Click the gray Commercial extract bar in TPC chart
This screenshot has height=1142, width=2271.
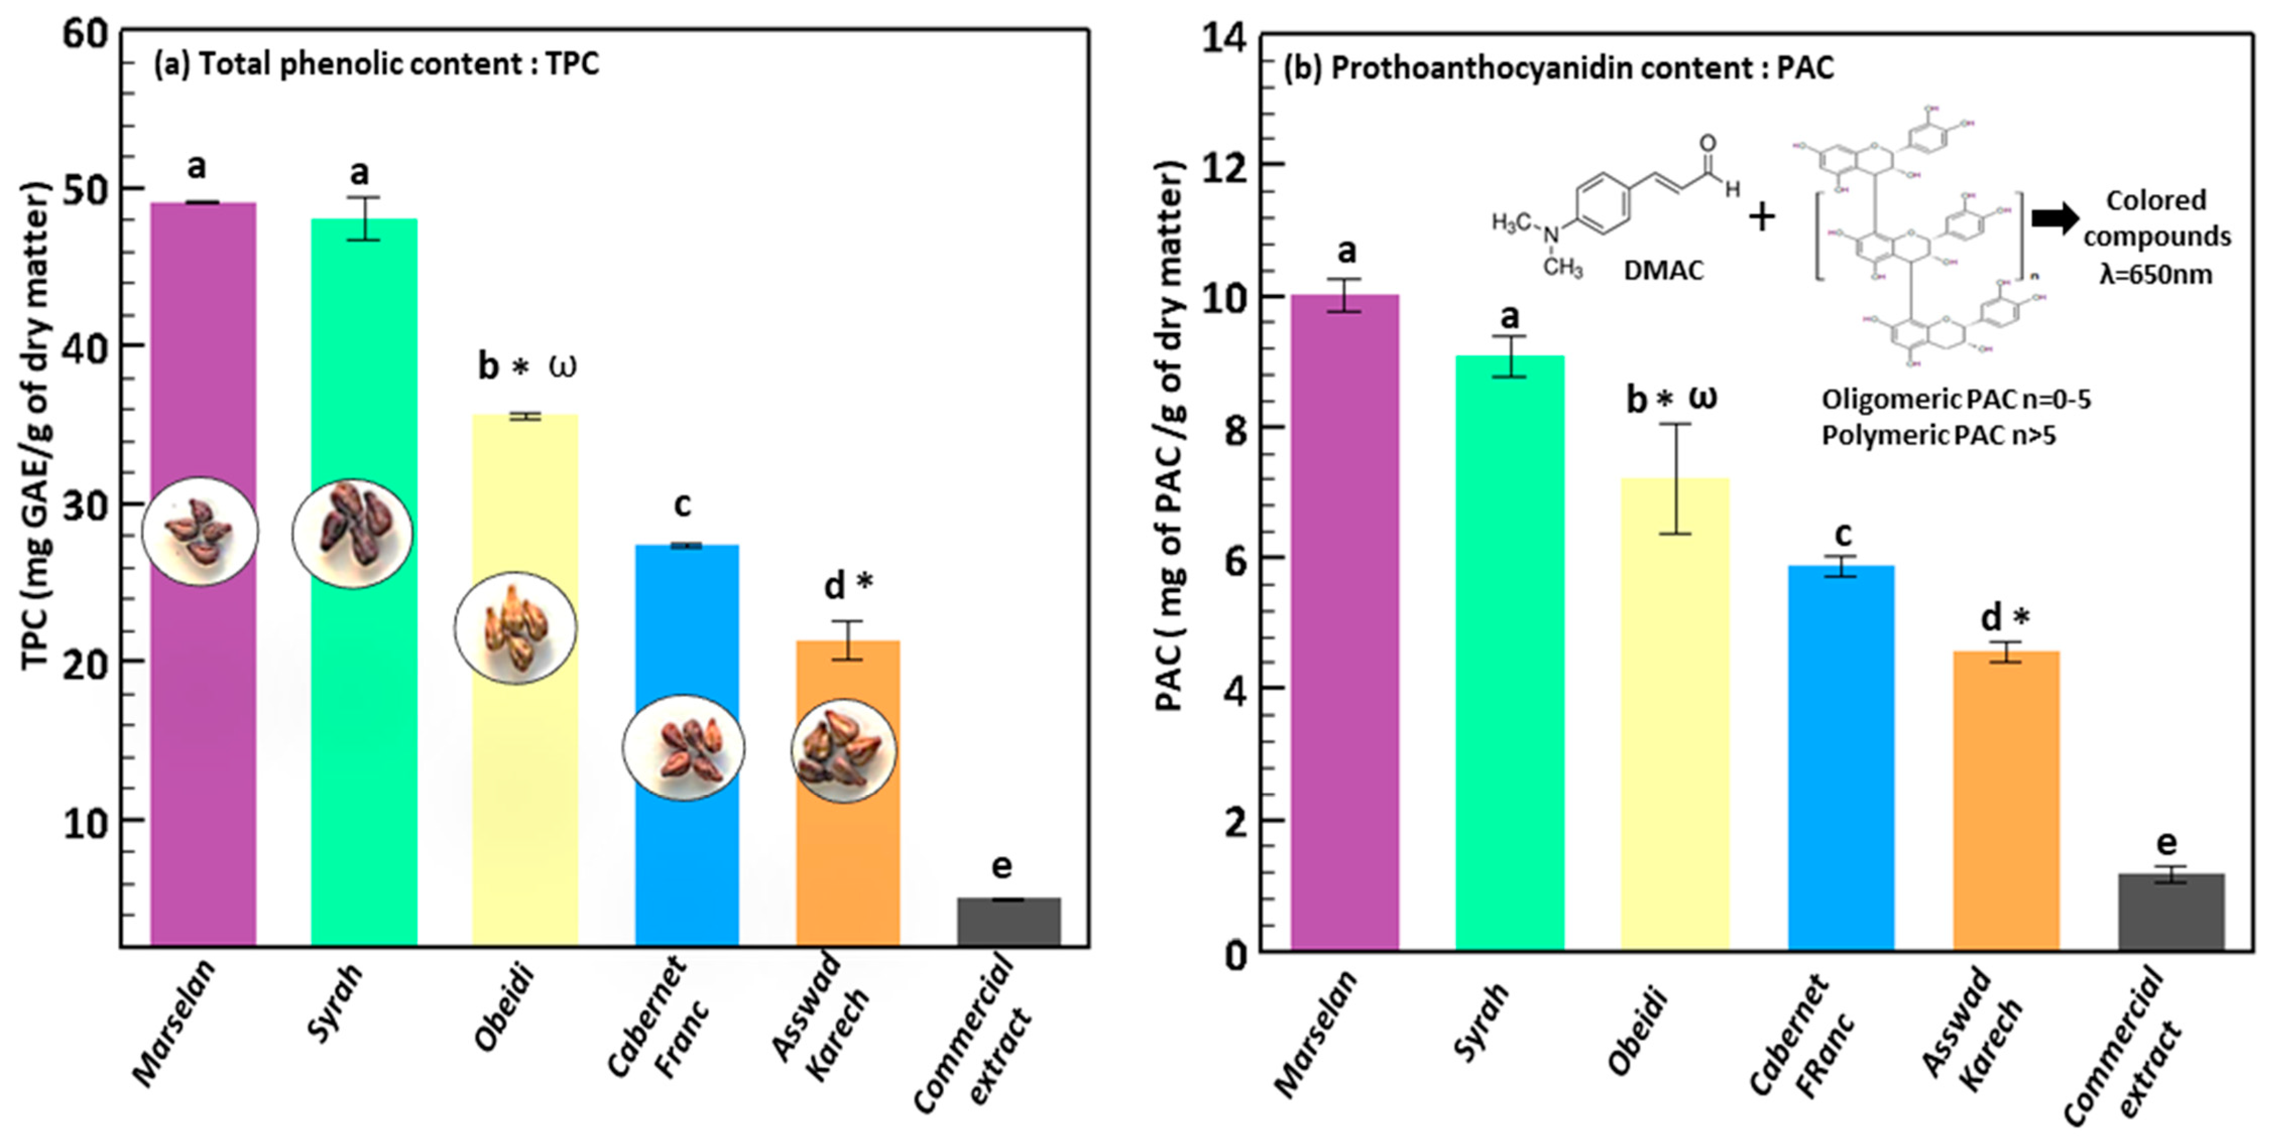[1008, 922]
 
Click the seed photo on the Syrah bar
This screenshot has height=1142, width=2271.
[352, 533]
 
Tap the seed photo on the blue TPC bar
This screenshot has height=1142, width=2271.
[683, 748]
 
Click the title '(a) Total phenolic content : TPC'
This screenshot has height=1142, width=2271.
[377, 65]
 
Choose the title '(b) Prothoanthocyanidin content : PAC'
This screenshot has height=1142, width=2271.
[1558, 68]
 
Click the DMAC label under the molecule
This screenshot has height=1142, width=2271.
[1663, 270]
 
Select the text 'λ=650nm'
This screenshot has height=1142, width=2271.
[2156, 274]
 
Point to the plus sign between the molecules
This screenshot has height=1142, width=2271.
[1761, 217]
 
